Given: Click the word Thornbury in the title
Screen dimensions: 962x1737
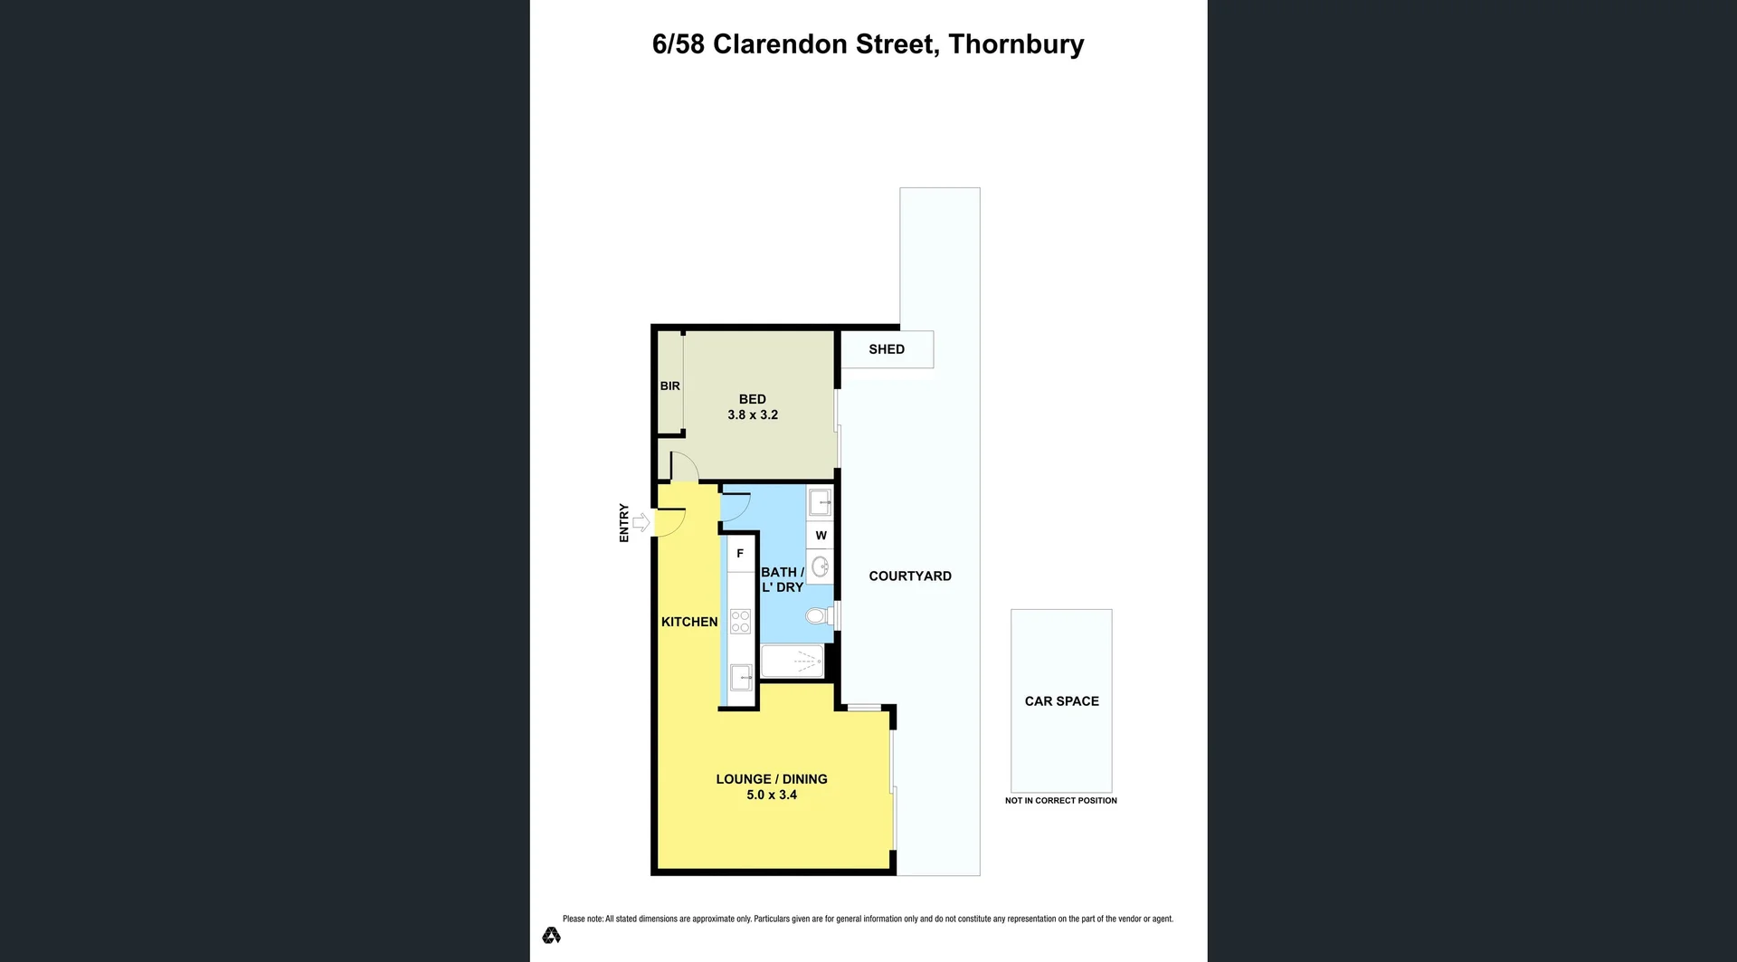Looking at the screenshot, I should click(x=1016, y=44).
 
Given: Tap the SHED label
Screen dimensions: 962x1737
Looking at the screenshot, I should click(x=887, y=349).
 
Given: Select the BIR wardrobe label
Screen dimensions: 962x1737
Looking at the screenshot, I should click(x=669, y=386).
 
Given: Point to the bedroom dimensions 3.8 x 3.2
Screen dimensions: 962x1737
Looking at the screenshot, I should click(x=753, y=415).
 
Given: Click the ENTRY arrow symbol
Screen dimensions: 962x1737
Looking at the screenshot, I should click(x=641, y=522).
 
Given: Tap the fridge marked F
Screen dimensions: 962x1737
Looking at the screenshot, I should click(x=740, y=554).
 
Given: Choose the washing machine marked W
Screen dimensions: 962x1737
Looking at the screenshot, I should click(x=821, y=536).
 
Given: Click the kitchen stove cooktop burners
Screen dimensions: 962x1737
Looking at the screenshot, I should click(x=740, y=621).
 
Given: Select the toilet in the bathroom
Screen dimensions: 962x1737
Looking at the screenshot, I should click(x=817, y=616).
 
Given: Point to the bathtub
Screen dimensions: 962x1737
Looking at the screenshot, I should click(x=793, y=662).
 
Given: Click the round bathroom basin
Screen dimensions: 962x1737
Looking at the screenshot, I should click(x=821, y=567).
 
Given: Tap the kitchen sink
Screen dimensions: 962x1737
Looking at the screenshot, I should click(x=741, y=675).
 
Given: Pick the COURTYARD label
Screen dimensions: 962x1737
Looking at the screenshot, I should click(x=910, y=576).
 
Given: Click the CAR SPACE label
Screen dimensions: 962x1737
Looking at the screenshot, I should click(x=1061, y=701).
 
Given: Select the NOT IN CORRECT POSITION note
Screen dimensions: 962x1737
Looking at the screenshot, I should click(x=1060, y=801).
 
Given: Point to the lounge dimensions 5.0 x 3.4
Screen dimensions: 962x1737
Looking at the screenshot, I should click(x=772, y=795).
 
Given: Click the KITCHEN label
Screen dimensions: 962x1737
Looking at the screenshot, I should click(x=689, y=622).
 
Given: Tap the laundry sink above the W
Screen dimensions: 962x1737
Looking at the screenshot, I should click(x=820, y=501).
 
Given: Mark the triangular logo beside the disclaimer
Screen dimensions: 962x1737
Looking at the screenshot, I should click(x=551, y=935).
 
